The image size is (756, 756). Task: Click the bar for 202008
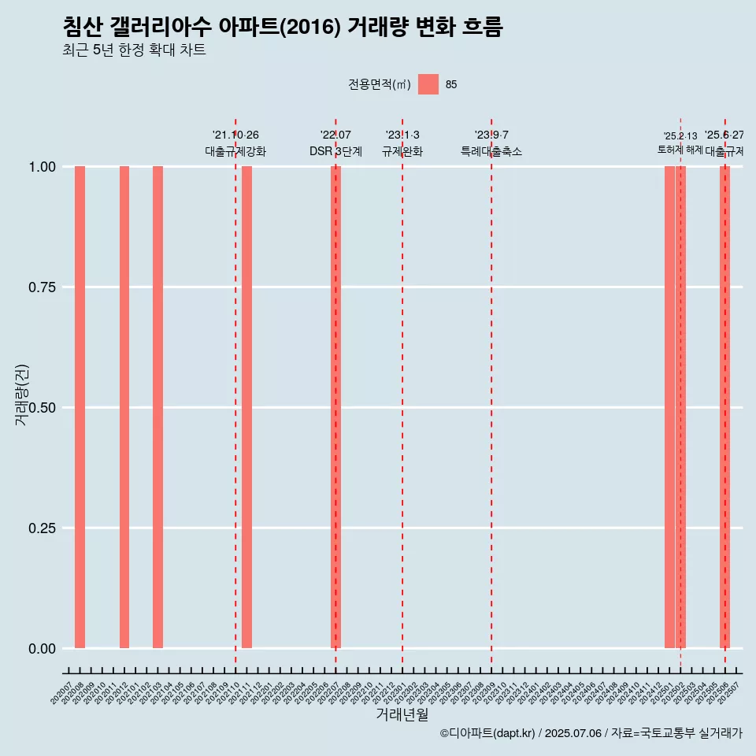point(80,407)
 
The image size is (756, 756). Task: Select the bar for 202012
point(124,407)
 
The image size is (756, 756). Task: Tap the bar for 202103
point(157,407)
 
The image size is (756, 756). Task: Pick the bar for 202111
point(246,407)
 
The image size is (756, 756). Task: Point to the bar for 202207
point(335,407)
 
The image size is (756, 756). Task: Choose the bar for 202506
point(724,407)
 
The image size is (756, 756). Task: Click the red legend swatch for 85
point(428,84)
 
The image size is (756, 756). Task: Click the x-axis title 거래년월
point(402,714)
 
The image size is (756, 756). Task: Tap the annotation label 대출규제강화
point(235,151)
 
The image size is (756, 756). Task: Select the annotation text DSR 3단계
point(335,151)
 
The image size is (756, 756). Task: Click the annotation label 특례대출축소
point(491,151)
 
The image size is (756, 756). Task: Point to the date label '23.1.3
point(402,135)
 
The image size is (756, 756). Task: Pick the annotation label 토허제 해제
point(680,150)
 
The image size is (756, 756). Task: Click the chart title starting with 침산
point(283,28)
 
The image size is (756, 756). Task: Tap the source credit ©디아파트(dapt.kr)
point(487,733)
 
